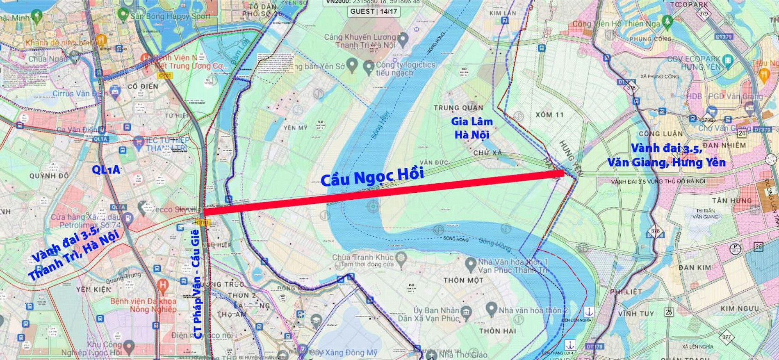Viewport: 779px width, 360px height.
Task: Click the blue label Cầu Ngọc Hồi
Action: click(372, 177)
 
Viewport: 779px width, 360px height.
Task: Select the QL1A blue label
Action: click(106, 169)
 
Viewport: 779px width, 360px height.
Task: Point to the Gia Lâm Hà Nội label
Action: click(471, 128)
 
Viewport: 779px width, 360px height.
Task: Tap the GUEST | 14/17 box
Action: click(374, 11)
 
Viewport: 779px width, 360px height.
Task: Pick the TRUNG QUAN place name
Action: click(458, 108)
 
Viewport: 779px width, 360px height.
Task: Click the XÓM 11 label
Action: click(549, 115)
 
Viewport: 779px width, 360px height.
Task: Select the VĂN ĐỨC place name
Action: click(434, 162)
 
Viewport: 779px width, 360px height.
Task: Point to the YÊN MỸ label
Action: click(295, 128)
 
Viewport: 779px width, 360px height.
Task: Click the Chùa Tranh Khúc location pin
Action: click(401, 258)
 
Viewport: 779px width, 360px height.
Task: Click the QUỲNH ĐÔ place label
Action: click(49, 176)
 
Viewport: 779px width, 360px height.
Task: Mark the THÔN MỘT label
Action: click(463, 280)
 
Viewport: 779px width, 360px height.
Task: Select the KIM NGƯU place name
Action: click(740, 308)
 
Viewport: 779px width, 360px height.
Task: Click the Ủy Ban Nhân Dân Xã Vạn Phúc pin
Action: click(466, 313)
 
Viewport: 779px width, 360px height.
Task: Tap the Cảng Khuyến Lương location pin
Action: click(403, 39)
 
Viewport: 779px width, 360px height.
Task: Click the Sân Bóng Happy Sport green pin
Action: click(123, 15)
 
